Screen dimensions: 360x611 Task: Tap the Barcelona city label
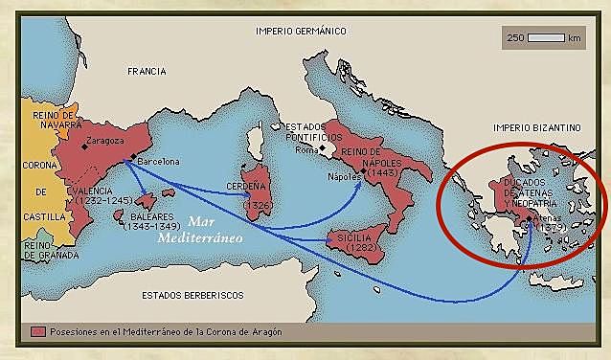158,162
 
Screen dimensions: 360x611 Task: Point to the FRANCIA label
148,71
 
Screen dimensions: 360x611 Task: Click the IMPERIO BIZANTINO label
536,126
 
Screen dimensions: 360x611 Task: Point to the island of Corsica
256,139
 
